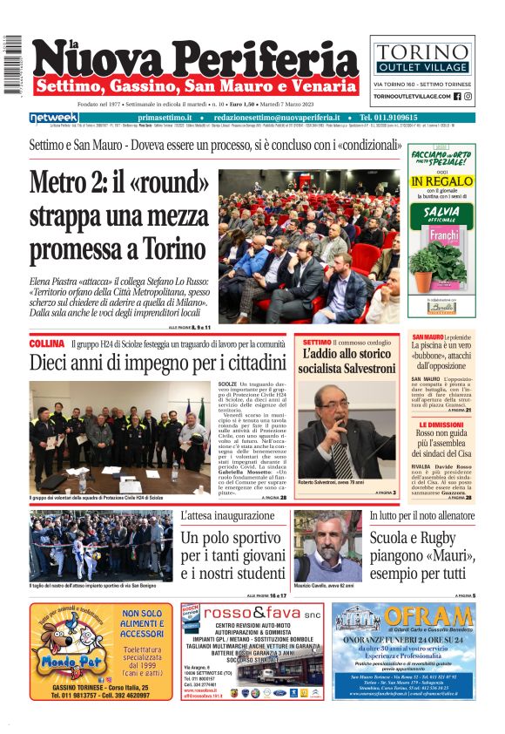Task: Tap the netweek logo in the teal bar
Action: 54,118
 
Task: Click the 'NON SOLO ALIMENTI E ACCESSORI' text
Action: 144,624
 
